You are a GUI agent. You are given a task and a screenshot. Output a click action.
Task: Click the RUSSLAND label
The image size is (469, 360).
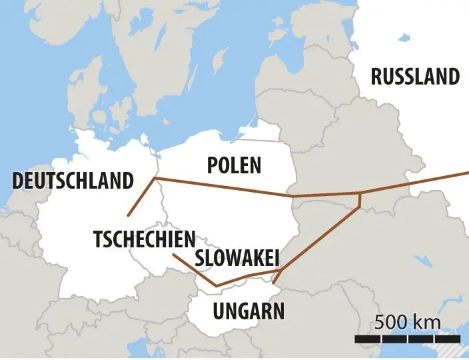(x=415, y=77)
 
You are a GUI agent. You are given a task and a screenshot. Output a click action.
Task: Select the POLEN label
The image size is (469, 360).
(x=234, y=165)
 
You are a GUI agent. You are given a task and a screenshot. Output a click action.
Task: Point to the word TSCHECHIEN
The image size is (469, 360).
(x=145, y=239)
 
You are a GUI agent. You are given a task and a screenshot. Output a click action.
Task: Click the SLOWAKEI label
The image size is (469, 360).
(x=236, y=258)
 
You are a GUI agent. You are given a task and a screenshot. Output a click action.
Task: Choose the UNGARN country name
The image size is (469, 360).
(x=248, y=310)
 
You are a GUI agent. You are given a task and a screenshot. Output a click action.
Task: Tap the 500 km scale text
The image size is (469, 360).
(x=407, y=322)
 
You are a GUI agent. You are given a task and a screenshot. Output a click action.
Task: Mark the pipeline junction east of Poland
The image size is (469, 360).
(x=360, y=195)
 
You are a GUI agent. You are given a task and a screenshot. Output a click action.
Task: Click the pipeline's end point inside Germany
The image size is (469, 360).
(x=127, y=215)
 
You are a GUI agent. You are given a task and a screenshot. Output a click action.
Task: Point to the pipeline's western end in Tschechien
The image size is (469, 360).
(x=173, y=255)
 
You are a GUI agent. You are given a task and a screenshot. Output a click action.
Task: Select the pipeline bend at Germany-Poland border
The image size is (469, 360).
(x=155, y=178)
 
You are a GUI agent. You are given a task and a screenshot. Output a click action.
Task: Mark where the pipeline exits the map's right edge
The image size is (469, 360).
(x=466, y=173)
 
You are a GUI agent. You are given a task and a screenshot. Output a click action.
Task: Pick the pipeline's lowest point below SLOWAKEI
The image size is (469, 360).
(x=217, y=286)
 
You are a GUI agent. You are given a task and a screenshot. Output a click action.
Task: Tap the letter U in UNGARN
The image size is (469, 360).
(x=219, y=310)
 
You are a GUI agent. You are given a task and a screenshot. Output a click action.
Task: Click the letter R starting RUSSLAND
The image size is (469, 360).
(x=376, y=77)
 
